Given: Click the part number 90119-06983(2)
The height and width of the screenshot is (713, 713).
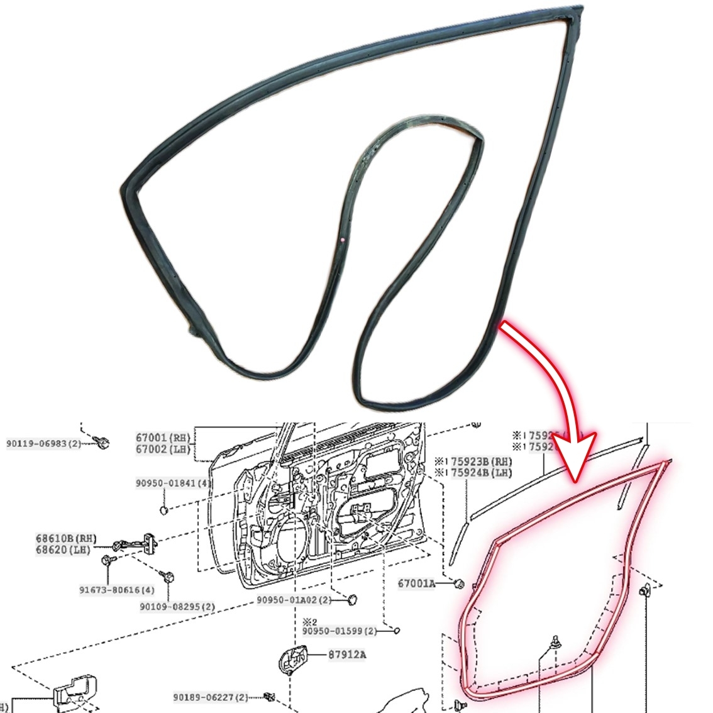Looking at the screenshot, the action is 43,444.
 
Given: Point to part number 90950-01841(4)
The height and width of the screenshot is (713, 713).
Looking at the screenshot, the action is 173,484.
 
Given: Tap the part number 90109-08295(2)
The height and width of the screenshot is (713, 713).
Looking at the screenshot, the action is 177,607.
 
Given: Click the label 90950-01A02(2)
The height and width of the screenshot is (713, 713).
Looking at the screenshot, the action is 294,600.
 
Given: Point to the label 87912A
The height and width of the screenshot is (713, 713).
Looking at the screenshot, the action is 347,655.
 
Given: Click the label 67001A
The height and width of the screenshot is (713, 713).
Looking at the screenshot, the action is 416,583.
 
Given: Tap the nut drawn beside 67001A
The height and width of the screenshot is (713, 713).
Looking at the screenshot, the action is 460,583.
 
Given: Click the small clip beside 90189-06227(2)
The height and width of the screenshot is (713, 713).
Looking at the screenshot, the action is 269,695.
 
